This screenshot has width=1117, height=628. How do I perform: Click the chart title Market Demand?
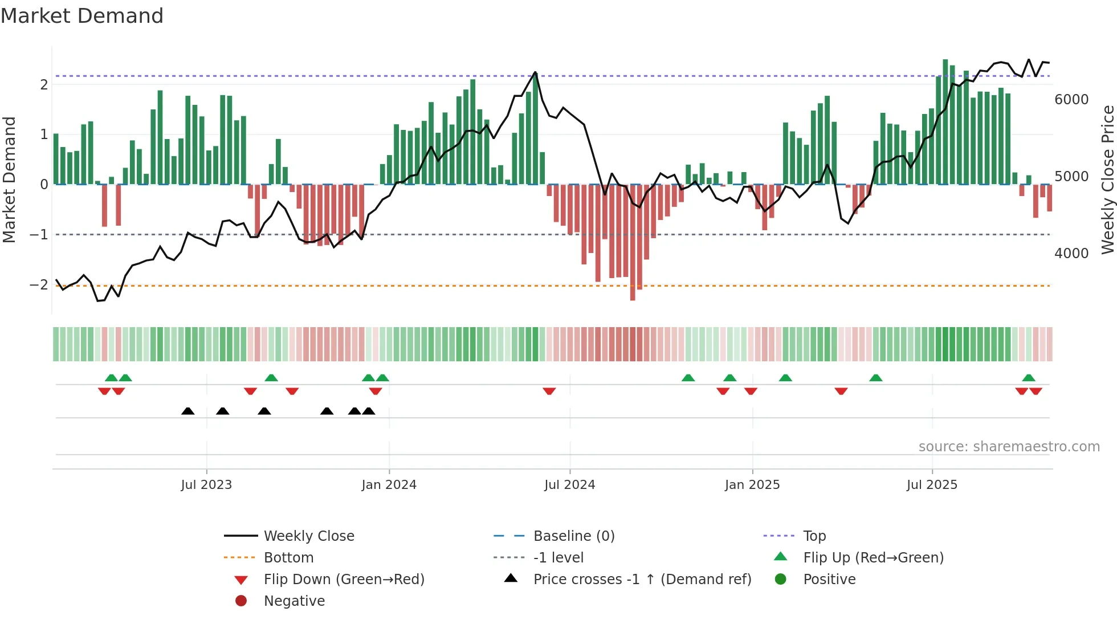point(82,16)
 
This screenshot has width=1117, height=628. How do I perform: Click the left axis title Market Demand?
point(10,180)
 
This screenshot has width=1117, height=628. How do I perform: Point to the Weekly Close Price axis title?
point(1107,180)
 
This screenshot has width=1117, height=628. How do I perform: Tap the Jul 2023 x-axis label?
point(206,485)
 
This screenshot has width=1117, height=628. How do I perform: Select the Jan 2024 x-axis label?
point(389,485)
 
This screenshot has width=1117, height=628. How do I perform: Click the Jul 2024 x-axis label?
point(569,485)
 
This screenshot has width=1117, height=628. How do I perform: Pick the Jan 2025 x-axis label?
point(752,485)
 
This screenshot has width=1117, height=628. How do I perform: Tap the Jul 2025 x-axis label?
point(932,485)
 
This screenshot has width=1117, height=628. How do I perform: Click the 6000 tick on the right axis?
point(1071,100)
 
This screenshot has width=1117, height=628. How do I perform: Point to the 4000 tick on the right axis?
point(1071,254)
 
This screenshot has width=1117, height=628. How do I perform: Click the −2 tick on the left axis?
point(39,285)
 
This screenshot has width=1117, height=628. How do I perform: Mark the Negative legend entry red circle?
point(241,601)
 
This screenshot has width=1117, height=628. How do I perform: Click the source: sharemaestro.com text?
point(1009,447)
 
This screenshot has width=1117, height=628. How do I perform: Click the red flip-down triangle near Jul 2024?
point(549,391)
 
